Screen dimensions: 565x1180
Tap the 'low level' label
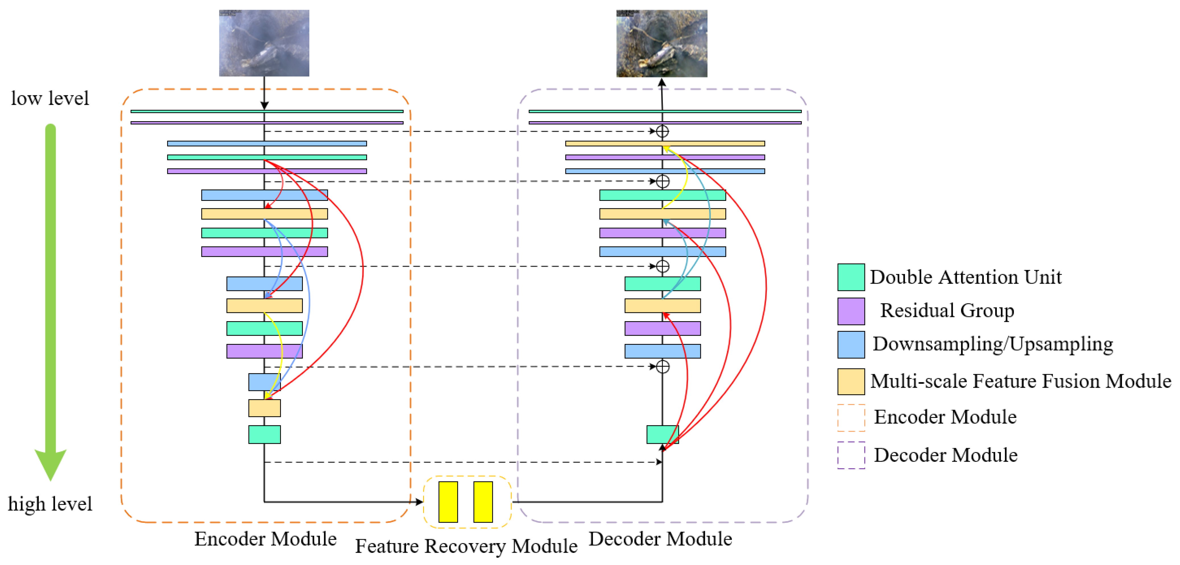click(x=50, y=98)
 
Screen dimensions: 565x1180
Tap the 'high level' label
click(x=50, y=504)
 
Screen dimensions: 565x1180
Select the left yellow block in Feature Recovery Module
click(x=448, y=502)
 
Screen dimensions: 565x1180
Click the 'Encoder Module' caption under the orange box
click(x=265, y=539)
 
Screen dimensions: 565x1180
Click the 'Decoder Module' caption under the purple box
click(x=660, y=539)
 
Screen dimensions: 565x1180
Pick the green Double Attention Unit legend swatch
click(x=851, y=277)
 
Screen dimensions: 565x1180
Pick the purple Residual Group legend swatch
click(x=851, y=311)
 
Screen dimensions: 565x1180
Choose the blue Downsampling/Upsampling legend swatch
click(x=851, y=345)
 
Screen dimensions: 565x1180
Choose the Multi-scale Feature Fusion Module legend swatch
click(x=851, y=381)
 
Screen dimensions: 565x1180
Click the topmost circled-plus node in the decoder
click(x=663, y=131)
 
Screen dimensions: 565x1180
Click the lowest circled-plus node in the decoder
click(x=663, y=367)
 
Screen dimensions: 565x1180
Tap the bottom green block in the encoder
click(x=264, y=434)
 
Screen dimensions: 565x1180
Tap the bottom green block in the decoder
click(x=663, y=434)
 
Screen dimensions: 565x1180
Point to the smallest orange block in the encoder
click(x=264, y=408)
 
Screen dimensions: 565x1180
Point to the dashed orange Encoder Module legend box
click(x=851, y=417)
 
